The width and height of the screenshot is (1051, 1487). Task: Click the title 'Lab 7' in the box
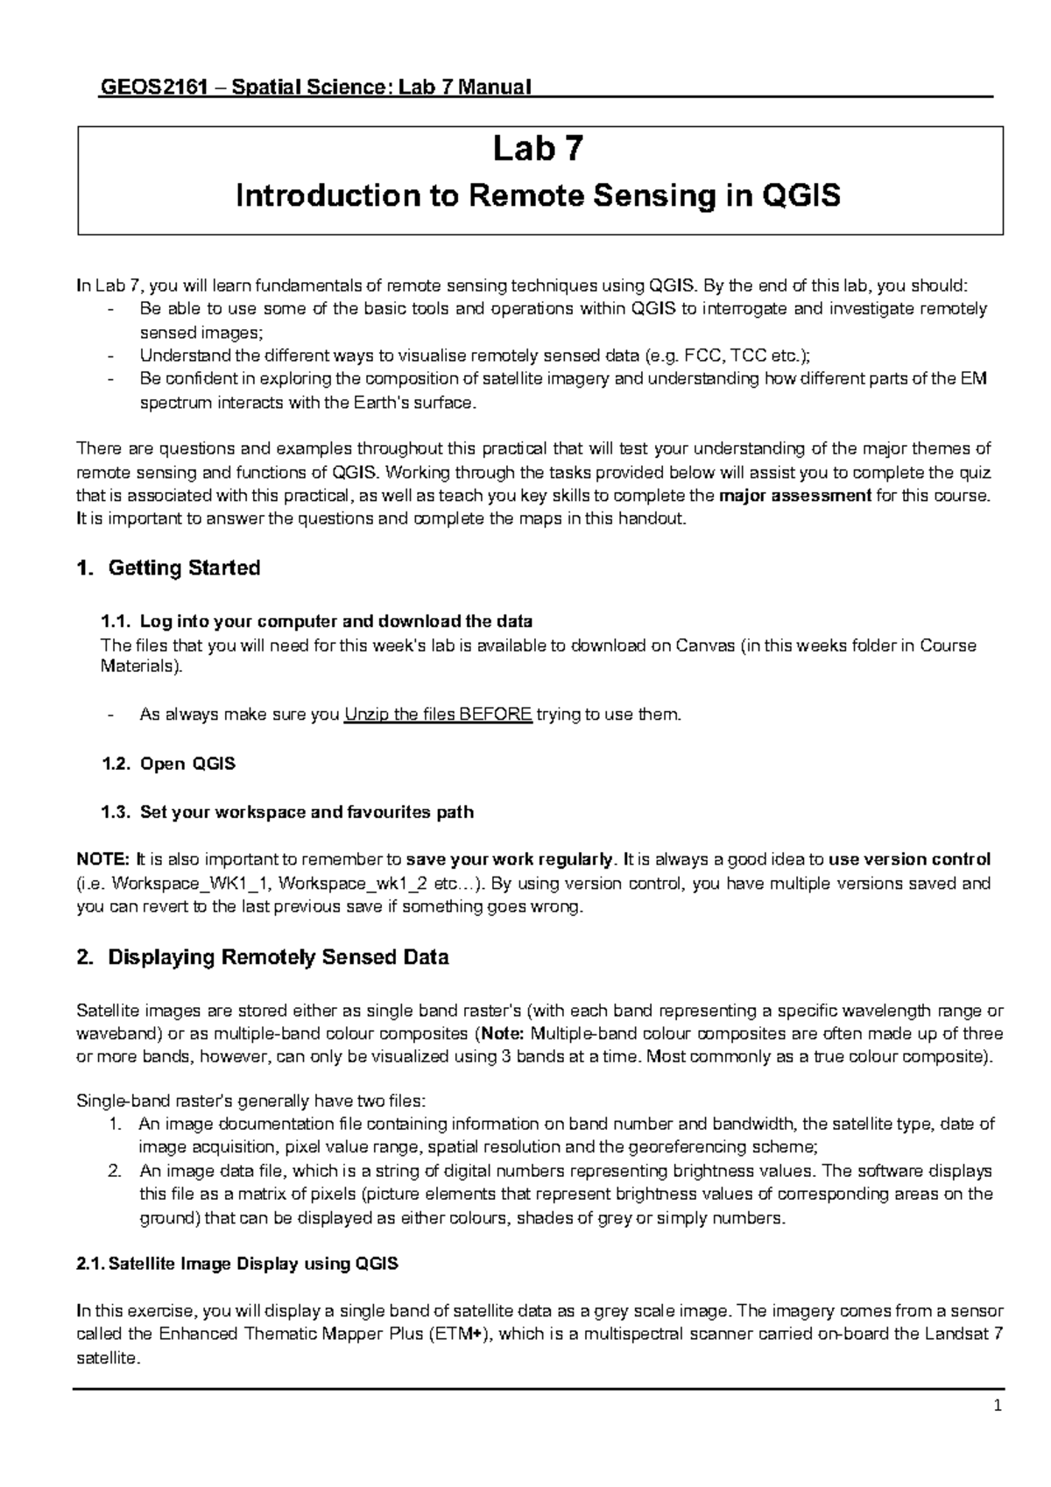tap(537, 150)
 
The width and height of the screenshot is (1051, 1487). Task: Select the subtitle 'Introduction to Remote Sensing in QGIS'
tap(538, 195)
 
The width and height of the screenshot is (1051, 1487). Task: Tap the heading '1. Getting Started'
tap(169, 568)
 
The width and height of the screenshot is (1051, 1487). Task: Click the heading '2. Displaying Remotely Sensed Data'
tap(263, 957)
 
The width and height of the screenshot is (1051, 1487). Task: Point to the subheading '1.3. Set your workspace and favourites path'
tap(288, 812)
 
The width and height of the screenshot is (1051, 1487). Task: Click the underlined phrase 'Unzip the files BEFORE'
tap(438, 715)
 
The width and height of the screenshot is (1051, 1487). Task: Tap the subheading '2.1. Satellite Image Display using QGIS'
tap(237, 1264)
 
